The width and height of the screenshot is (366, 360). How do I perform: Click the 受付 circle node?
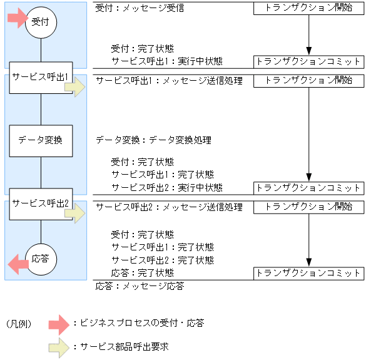[41, 23]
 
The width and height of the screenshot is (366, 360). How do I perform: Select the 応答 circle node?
[41, 258]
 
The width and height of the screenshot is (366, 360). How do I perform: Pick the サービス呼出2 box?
[41, 203]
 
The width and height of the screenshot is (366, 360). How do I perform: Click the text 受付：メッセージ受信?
[140, 9]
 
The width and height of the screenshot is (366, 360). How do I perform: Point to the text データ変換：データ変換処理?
[153, 140]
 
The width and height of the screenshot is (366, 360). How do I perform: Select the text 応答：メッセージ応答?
[140, 286]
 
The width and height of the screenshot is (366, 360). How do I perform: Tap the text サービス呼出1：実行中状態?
[166, 61]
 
